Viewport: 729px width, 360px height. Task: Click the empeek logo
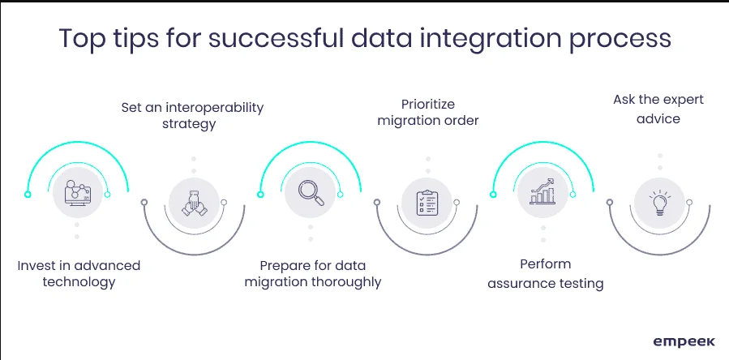[684, 342]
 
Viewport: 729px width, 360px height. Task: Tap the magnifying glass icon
[311, 192]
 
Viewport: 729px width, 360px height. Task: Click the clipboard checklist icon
[427, 203]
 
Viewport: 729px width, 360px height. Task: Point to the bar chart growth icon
[542, 191]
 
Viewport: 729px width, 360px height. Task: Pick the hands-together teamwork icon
[194, 204]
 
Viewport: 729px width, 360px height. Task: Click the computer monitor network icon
[78, 192]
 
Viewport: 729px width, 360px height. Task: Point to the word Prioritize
[428, 103]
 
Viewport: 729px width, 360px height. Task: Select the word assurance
[516, 283]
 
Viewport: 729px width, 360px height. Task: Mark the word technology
[79, 282]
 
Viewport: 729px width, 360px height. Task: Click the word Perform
[546, 264]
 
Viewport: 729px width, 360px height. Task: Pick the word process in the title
[620, 39]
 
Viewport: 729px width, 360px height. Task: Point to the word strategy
[189, 124]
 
